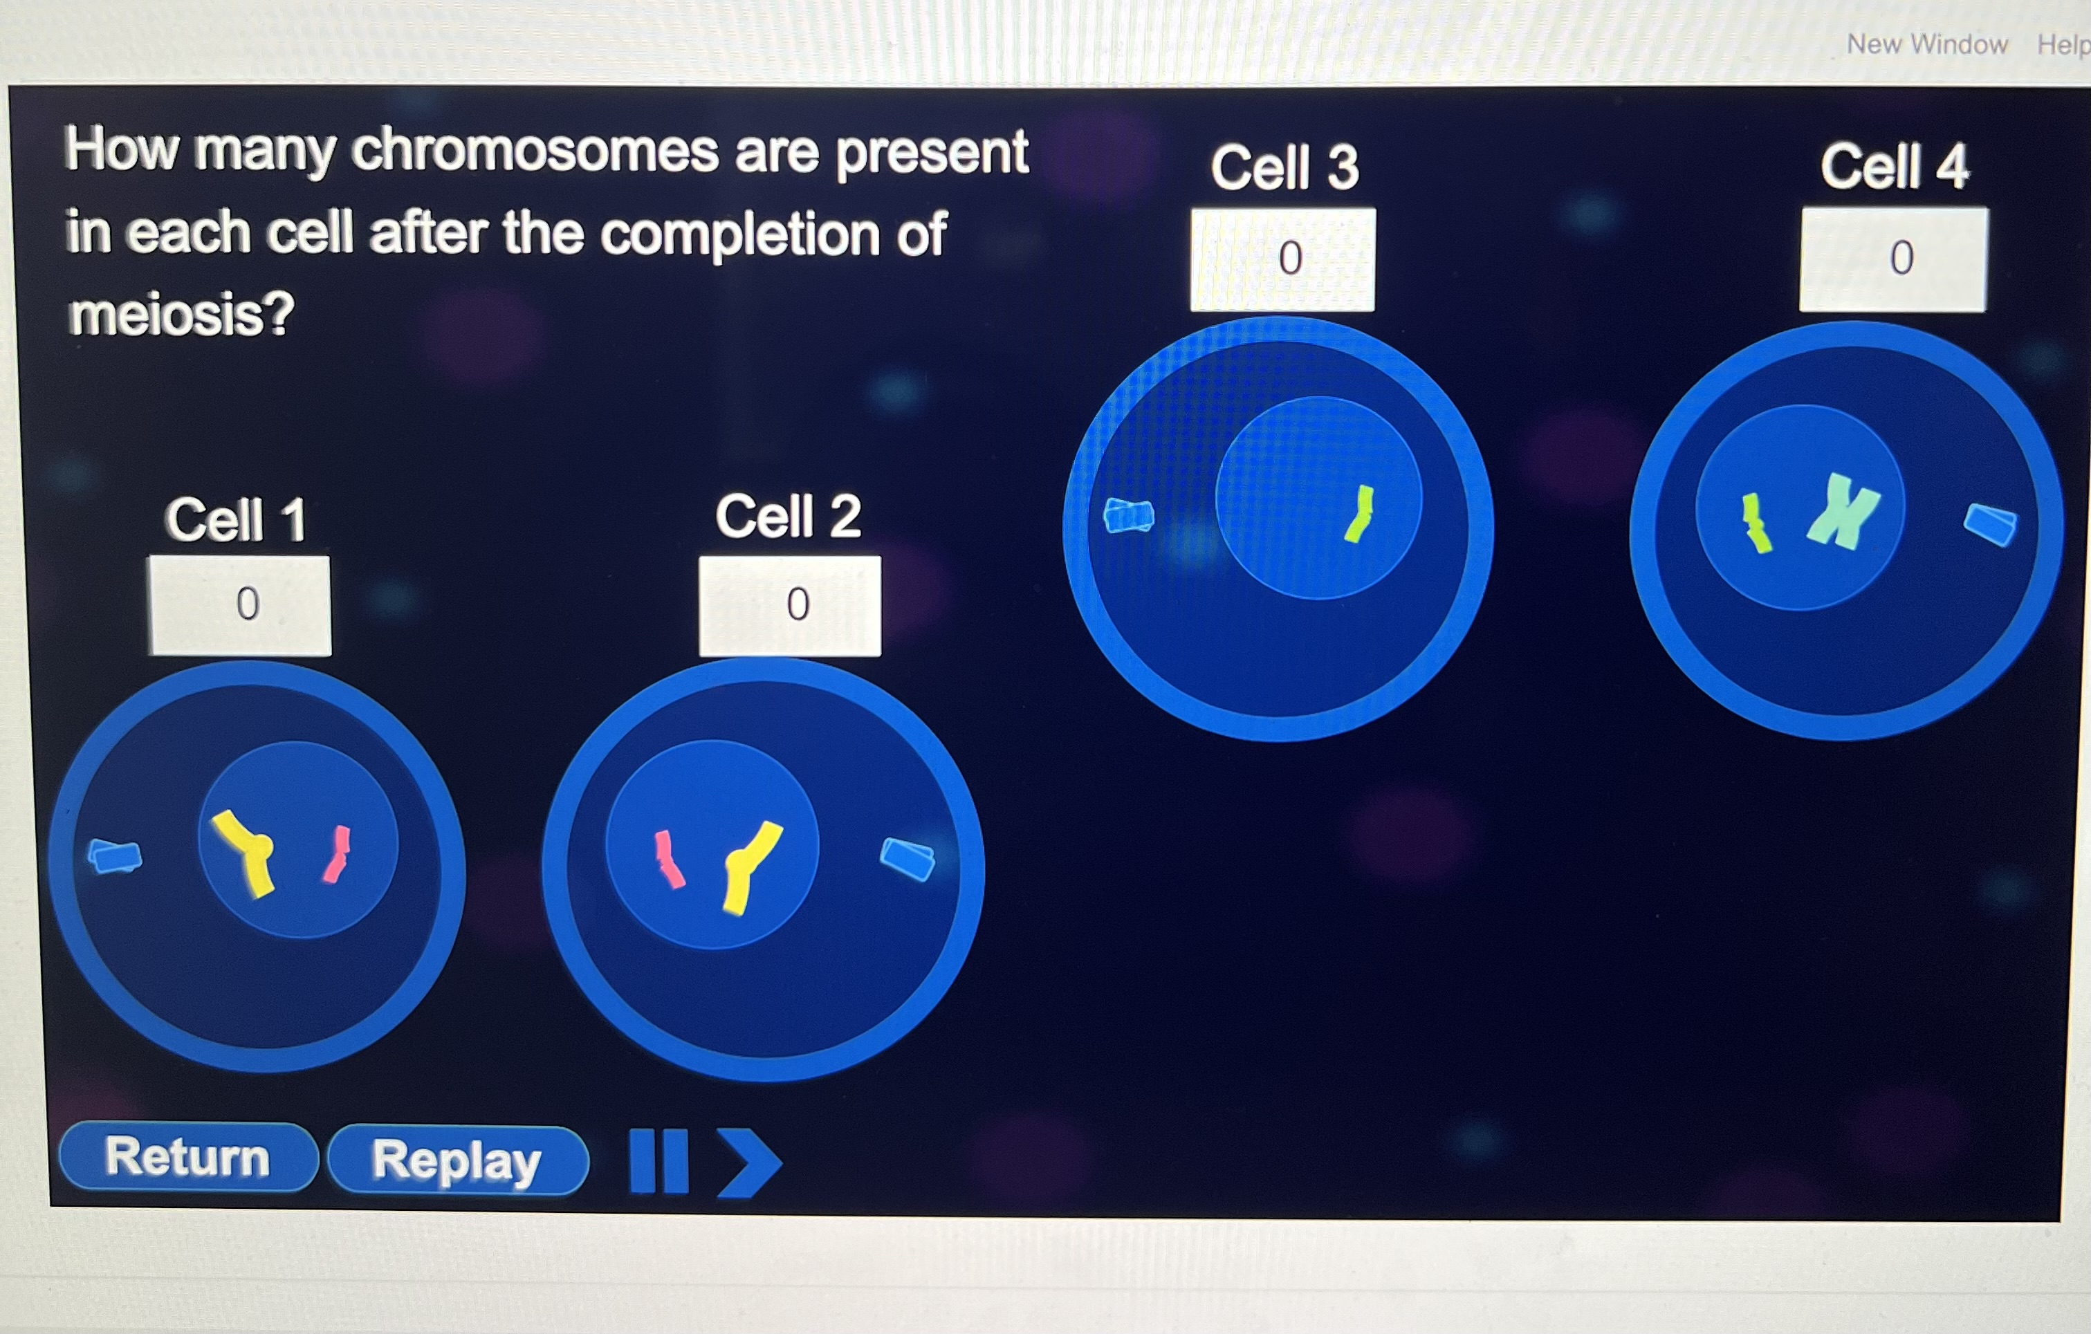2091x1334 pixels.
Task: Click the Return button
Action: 187,1157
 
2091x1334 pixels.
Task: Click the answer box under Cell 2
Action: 790,606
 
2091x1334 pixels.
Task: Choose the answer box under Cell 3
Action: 1282,259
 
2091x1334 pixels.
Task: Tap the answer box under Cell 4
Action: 1893,259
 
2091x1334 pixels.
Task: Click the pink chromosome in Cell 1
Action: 337,854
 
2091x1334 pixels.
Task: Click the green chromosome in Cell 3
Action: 1359,514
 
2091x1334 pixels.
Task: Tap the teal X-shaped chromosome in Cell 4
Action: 1843,511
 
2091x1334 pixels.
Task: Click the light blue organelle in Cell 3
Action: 1128,515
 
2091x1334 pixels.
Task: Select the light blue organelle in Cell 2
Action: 908,858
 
